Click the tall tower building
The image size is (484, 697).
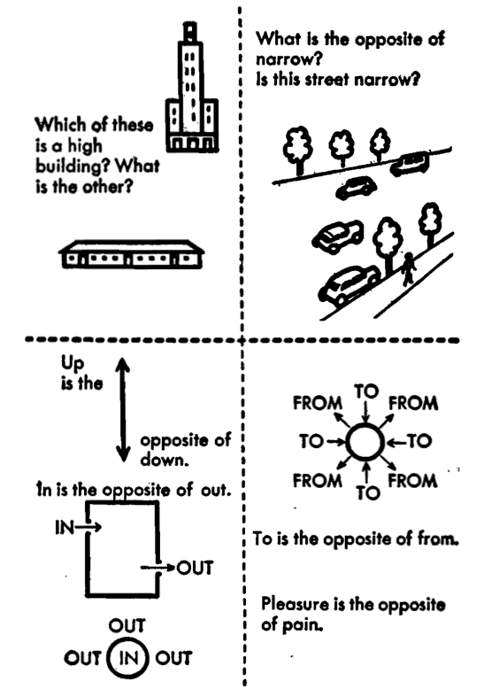(x=192, y=89)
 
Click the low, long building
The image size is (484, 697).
(x=131, y=254)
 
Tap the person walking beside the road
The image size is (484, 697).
(x=408, y=268)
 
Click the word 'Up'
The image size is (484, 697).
(x=73, y=364)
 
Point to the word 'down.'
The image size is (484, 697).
(x=165, y=459)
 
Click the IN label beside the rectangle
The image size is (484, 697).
(x=64, y=527)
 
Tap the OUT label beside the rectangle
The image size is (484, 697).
(x=195, y=568)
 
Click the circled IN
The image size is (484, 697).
(x=128, y=658)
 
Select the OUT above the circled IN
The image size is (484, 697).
(x=127, y=626)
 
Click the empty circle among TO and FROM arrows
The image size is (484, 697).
(x=365, y=442)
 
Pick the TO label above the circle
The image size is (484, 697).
(x=366, y=391)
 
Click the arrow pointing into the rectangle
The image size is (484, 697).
(x=88, y=527)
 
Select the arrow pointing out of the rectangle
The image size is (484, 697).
(x=157, y=568)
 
